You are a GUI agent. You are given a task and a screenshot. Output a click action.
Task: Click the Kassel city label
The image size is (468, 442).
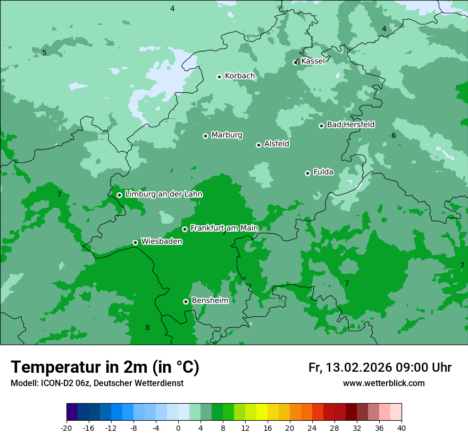tap(313, 61)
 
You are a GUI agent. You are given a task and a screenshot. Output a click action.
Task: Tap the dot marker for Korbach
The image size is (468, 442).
tap(219, 77)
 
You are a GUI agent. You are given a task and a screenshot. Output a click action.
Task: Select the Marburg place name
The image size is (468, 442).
tap(227, 135)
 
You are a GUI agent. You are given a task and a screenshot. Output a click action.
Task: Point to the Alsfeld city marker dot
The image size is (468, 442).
tap(258, 145)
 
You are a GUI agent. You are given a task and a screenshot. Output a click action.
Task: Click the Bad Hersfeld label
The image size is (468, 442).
tap(350, 125)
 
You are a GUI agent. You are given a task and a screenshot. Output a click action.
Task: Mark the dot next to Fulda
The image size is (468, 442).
tap(307, 173)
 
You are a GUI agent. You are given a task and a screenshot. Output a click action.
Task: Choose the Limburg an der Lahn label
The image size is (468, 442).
tap(163, 194)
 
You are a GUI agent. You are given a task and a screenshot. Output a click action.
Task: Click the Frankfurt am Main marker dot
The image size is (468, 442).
tap(185, 229)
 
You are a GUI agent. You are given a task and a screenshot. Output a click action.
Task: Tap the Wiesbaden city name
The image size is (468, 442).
tap(162, 242)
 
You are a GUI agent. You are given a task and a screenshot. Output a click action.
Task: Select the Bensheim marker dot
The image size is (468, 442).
tap(186, 301)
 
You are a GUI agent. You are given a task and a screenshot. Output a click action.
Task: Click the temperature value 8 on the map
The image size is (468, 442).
tap(147, 328)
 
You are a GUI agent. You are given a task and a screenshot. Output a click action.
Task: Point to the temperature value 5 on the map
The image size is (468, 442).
tap(44, 53)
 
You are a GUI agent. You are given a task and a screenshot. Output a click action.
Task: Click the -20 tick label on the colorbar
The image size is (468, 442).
tap(66, 428)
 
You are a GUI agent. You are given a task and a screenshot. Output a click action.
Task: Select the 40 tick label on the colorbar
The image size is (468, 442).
tap(402, 428)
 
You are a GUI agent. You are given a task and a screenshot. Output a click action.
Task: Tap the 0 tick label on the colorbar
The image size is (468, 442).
tap(178, 428)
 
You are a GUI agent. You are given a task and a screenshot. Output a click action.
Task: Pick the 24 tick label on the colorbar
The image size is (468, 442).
tap(312, 428)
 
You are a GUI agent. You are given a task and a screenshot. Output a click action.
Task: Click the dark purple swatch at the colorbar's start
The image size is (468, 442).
tap(72, 412)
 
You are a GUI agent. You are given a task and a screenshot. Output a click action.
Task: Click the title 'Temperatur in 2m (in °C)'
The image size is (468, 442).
tap(105, 367)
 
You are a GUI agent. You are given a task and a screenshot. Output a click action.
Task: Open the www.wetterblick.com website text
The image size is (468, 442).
tap(383, 383)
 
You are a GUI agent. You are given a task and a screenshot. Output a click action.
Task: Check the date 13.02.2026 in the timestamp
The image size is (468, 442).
tap(359, 367)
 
